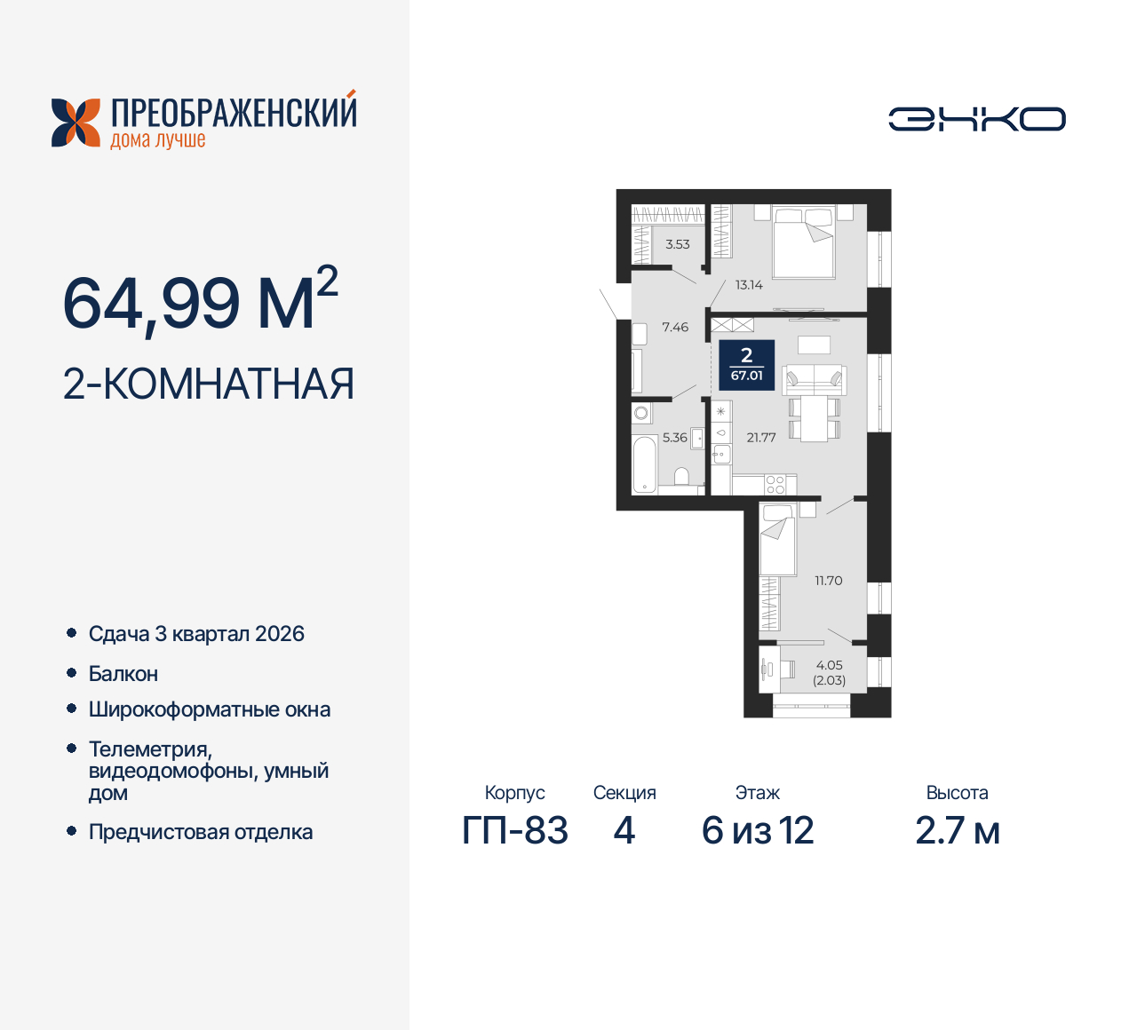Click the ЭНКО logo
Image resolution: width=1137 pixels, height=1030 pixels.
click(977, 119)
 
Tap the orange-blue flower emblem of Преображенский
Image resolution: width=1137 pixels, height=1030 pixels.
click(76, 123)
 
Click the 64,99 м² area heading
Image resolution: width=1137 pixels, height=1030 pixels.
click(200, 302)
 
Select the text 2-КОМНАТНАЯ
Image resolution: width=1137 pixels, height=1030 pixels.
click(209, 384)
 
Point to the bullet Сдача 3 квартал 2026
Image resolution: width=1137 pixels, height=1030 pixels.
click(196, 634)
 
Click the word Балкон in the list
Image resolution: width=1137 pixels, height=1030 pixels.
click(123, 674)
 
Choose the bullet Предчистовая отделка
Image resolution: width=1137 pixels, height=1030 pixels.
click(201, 832)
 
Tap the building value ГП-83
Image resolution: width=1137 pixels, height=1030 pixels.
click(515, 831)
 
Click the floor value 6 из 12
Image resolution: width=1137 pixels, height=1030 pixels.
click(758, 831)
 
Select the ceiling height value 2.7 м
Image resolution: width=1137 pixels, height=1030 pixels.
click(958, 831)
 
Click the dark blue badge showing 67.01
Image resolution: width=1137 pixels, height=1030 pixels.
click(746, 364)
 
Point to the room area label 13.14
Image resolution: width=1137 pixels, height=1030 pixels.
click(749, 285)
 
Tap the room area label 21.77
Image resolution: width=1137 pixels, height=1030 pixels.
click(761, 438)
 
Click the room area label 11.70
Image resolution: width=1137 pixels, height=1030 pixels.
click(828, 581)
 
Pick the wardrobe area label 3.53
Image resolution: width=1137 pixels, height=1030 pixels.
click(678, 244)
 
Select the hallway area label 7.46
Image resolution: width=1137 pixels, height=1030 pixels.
click(675, 328)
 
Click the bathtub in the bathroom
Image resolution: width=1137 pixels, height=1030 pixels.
click(644, 464)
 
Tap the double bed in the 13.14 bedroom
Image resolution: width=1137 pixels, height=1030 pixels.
click(804, 242)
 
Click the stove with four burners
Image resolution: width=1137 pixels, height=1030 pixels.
click(775, 485)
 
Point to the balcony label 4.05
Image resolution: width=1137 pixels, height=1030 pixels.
click(829, 665)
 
